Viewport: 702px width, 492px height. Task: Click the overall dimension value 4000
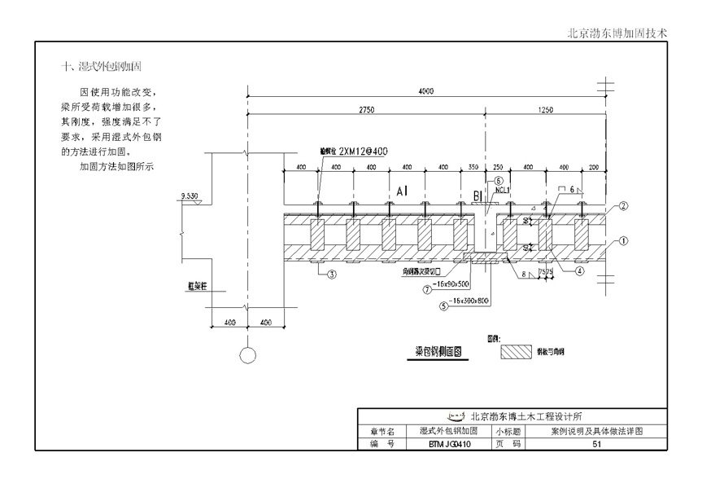tap(425, 92)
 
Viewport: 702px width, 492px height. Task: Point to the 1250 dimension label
tap(546, 109)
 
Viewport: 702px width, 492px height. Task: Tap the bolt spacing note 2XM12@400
tap(365, 152)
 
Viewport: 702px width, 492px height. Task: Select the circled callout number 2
tap(623, 207)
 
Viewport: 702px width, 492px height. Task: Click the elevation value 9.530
tap(191, 196)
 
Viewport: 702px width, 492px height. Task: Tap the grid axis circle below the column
tap(247, 354)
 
